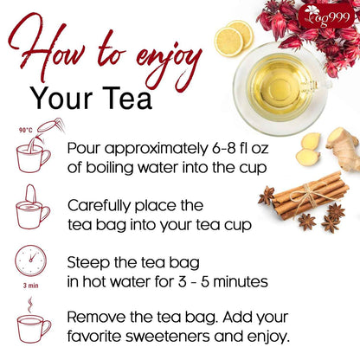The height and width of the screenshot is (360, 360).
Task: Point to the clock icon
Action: click(32, 263)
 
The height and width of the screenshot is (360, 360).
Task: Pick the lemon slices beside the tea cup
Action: click(233, 37)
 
